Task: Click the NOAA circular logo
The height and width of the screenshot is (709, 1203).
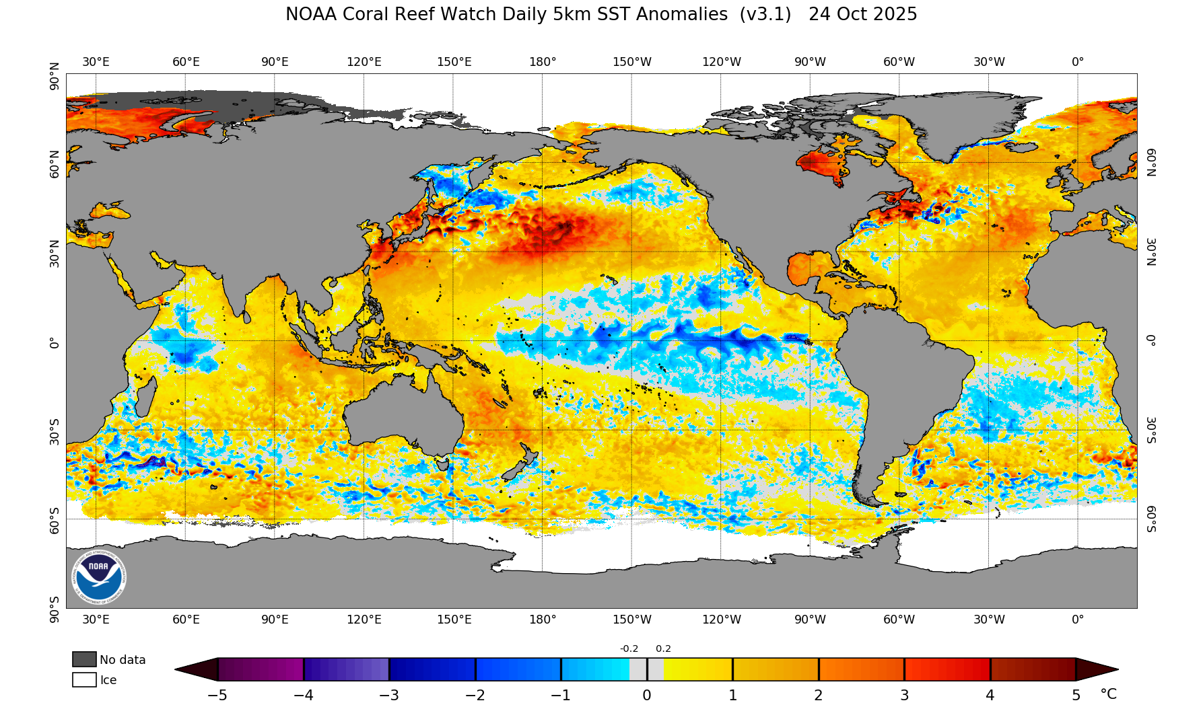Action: coord(99,576)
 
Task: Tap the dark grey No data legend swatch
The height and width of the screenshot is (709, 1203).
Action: coord(84,659)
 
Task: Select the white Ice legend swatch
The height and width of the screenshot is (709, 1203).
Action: coord(84,679)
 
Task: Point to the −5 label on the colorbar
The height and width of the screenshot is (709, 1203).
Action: coord(217,696)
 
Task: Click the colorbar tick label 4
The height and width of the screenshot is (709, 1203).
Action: coord(990,696)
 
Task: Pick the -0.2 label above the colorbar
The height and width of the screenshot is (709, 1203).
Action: coord(629,649)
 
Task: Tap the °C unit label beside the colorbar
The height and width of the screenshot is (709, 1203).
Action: coord(1108,694)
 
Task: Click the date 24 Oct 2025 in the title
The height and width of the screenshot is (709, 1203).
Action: coord(862,15)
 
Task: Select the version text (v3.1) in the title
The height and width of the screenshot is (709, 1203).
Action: coord(765,15)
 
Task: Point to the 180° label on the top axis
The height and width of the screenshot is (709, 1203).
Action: coord(543,62)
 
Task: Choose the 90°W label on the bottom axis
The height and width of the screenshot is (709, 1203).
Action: coord(810,620)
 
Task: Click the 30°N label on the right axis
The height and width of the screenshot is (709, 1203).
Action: coord(1151,252)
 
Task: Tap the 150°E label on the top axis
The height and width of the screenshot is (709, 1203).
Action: coord(454,62)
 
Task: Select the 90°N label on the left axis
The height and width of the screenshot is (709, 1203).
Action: coord(55,77)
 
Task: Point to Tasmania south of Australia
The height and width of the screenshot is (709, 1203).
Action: coord(442,463)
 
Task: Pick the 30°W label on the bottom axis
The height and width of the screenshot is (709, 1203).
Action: coord(989,620)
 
